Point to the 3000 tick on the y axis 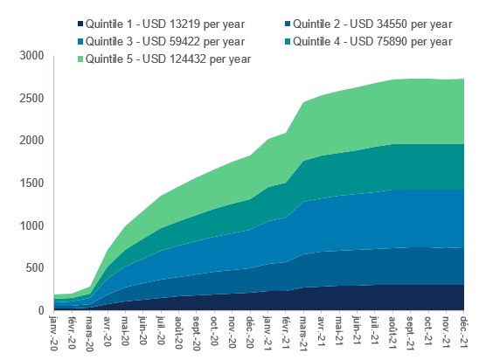(x=31, y=55)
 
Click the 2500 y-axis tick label (x=31, y=98)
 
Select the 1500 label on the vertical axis (x=31, y=183)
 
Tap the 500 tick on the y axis (x=35, y=268)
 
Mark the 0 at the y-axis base (x=40, y=310)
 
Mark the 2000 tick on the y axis (x=31, y=140)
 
